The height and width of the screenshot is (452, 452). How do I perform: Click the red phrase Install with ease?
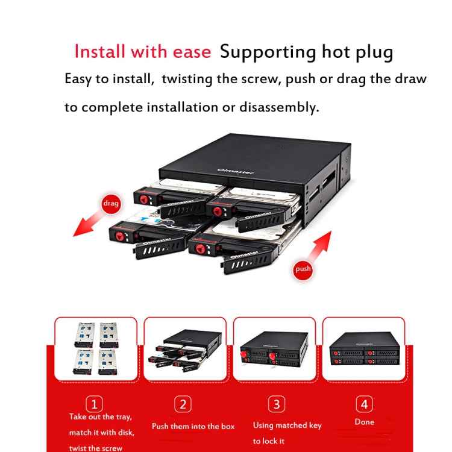pos(142,51)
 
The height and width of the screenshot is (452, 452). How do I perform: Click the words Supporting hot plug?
pos(306,51)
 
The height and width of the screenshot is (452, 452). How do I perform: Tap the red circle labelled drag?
pos(111,204)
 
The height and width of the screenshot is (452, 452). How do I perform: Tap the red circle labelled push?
pos(303,269)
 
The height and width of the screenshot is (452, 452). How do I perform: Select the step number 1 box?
pos(95,404)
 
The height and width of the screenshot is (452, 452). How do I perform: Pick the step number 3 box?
pos(275,404)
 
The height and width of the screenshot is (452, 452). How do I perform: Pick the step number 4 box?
pos(364,404)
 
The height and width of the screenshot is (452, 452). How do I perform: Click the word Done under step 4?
pos(364,422)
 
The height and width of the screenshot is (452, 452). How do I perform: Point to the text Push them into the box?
pos(193,426)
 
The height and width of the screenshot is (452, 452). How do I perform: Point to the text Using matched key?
pos(287,425)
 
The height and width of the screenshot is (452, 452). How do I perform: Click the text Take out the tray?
pos(100,417)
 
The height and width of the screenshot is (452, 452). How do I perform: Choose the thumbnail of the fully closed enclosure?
pos(363,348)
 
